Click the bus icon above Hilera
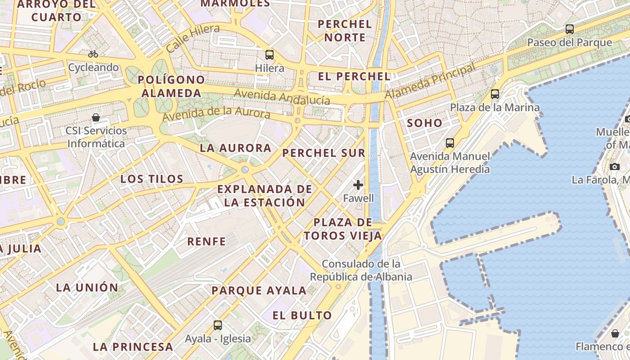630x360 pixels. point(269,55)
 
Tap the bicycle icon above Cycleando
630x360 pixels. point(93,54)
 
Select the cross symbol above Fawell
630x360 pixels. point(358,184)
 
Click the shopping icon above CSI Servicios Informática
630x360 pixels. point(96,118)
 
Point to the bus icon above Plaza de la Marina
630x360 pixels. point(495,94)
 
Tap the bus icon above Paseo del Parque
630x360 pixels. point(570,29)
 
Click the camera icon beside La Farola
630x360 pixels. point(615,166)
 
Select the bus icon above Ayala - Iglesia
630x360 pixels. point(218,325)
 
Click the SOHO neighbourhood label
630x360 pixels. point(424,123)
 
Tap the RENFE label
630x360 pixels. point(207,241)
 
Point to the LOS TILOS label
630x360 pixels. point(152,179)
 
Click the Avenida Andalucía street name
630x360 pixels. point(282,96)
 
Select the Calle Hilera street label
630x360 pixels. point(193,38)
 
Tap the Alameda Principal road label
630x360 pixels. point(430,82)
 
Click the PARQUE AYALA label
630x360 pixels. point(259,290)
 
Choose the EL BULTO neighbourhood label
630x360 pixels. point(302,315)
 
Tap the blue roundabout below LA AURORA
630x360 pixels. point(245,170)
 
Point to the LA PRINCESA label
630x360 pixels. point(133,346)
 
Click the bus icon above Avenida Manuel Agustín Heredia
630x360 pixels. point(450,143)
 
